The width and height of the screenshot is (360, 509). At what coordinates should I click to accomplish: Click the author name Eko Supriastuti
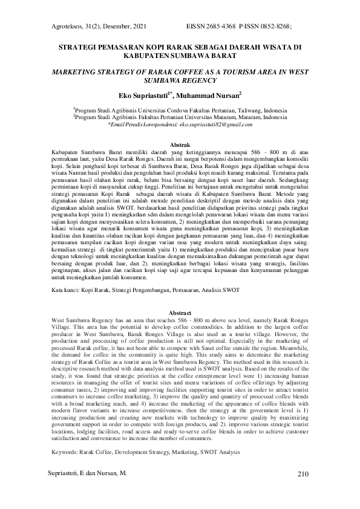click(x=144, y=95)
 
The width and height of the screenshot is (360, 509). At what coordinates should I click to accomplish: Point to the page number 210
click(x=303, y=473)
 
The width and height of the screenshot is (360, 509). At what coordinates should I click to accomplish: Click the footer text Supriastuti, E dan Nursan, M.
click(x=87, y=473)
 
